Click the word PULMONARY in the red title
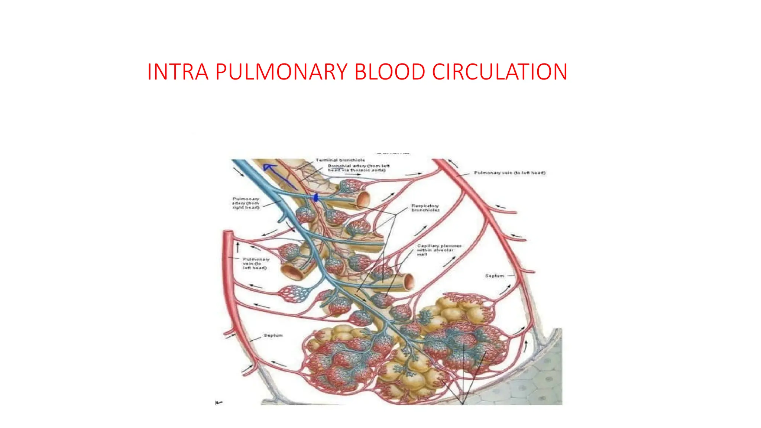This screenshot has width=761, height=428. (281, 72)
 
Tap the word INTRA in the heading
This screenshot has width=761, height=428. (178, 72)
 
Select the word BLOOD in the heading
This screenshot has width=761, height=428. (389, 72)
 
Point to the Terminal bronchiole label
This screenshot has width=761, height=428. (340, 160)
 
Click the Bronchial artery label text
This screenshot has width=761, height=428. (358, 168)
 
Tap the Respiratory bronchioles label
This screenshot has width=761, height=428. (425, 208)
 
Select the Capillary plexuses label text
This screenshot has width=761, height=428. (438, 250)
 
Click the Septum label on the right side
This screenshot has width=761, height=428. (494, 276)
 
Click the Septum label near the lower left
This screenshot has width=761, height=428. (273, 335)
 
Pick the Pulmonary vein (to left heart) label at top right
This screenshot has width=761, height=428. (509, 173)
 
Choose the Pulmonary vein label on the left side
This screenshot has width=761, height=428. (255, 263)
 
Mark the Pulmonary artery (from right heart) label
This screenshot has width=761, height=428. (246, 203)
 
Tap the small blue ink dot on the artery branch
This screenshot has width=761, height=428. (316, 198)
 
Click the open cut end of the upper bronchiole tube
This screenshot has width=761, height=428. (364, 199)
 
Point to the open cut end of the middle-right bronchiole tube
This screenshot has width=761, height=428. (408, 282)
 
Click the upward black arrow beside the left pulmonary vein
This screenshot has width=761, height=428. (238, 246)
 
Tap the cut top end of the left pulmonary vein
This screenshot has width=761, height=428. (228, 233)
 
